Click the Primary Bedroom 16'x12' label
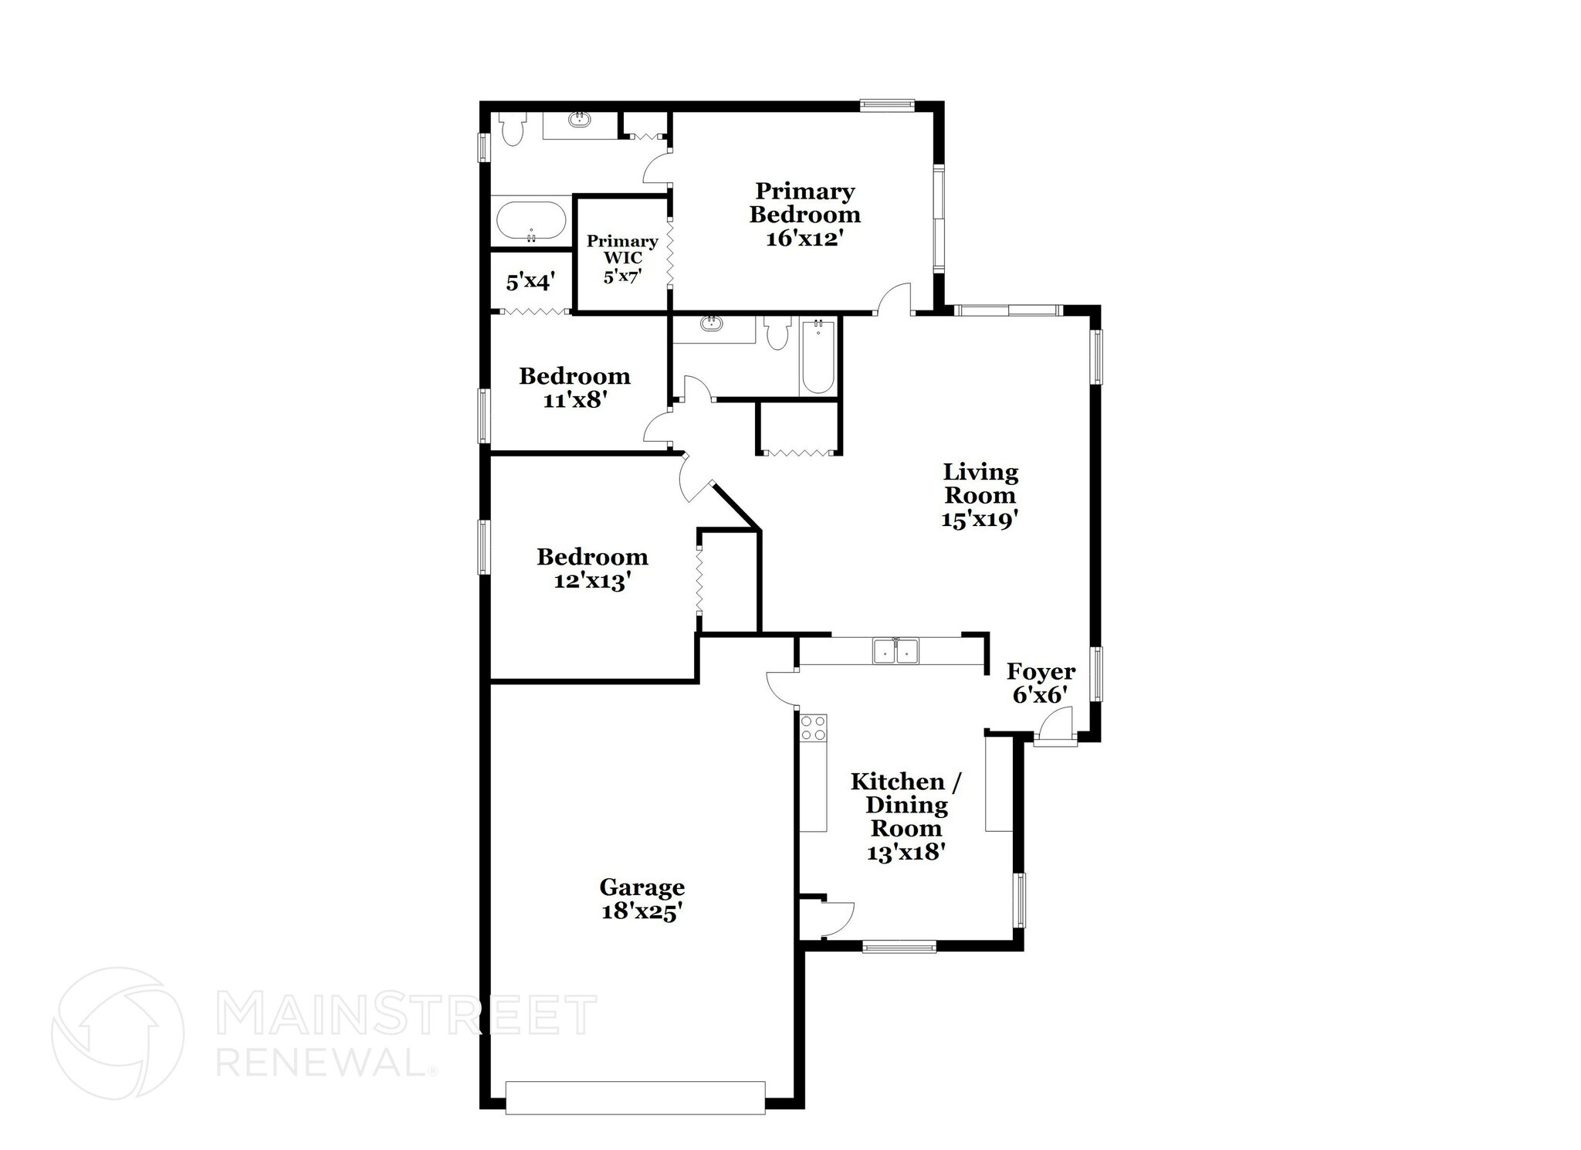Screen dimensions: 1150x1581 (804, 215)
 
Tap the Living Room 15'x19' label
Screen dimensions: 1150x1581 (980, 496)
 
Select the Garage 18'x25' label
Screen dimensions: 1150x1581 (642, 900)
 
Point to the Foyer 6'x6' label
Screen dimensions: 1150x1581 (1041, 684)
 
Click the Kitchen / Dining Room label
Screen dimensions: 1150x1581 (906, 816)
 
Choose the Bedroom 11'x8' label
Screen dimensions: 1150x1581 (574, 388)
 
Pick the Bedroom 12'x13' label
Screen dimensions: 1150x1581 (592, 568)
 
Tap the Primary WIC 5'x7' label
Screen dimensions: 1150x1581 (622, 259)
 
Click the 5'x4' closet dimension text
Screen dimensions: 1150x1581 (531, 282)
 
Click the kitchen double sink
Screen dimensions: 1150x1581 (895, 651)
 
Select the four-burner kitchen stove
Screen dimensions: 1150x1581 (813, 728)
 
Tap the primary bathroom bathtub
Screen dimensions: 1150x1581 (530, 222)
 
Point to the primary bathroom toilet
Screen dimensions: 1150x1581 (512, 129)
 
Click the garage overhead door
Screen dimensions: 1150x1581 (635, 1097)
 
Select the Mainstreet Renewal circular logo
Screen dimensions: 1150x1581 (117, 1033)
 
